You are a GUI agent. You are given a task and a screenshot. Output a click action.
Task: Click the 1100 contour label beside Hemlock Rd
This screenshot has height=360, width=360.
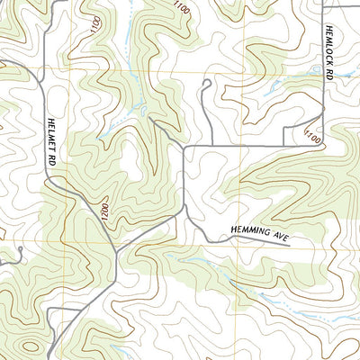312,137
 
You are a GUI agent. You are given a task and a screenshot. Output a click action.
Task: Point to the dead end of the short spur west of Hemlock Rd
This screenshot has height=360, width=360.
284,144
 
